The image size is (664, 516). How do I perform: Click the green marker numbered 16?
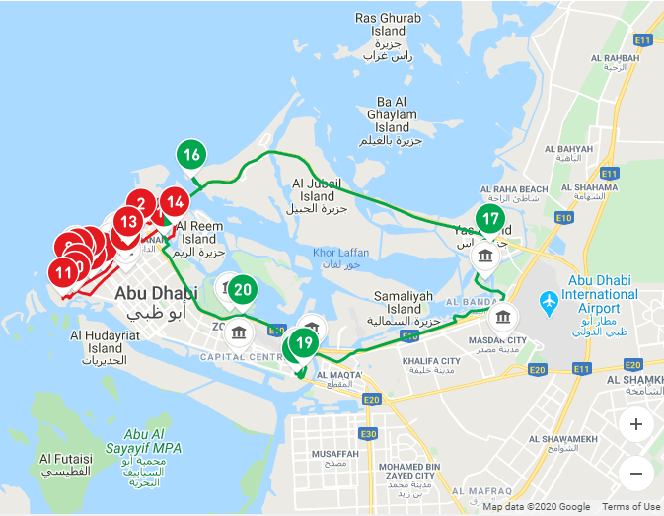click(191, 155)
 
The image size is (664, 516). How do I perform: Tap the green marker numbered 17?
click(489, 220)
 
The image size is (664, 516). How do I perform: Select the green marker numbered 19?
click(305, 344)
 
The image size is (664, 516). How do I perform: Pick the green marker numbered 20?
click(244, 290)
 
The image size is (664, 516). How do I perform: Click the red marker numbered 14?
click(175, 203)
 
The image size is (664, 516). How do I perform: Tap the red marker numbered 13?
click(128, 221)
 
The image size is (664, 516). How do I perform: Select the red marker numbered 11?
click(64, 271)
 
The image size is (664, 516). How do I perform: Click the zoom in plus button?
click(636, 425)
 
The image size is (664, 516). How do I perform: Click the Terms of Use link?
click(631, 507)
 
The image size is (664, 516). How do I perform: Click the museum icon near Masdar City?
click(503, 318)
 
